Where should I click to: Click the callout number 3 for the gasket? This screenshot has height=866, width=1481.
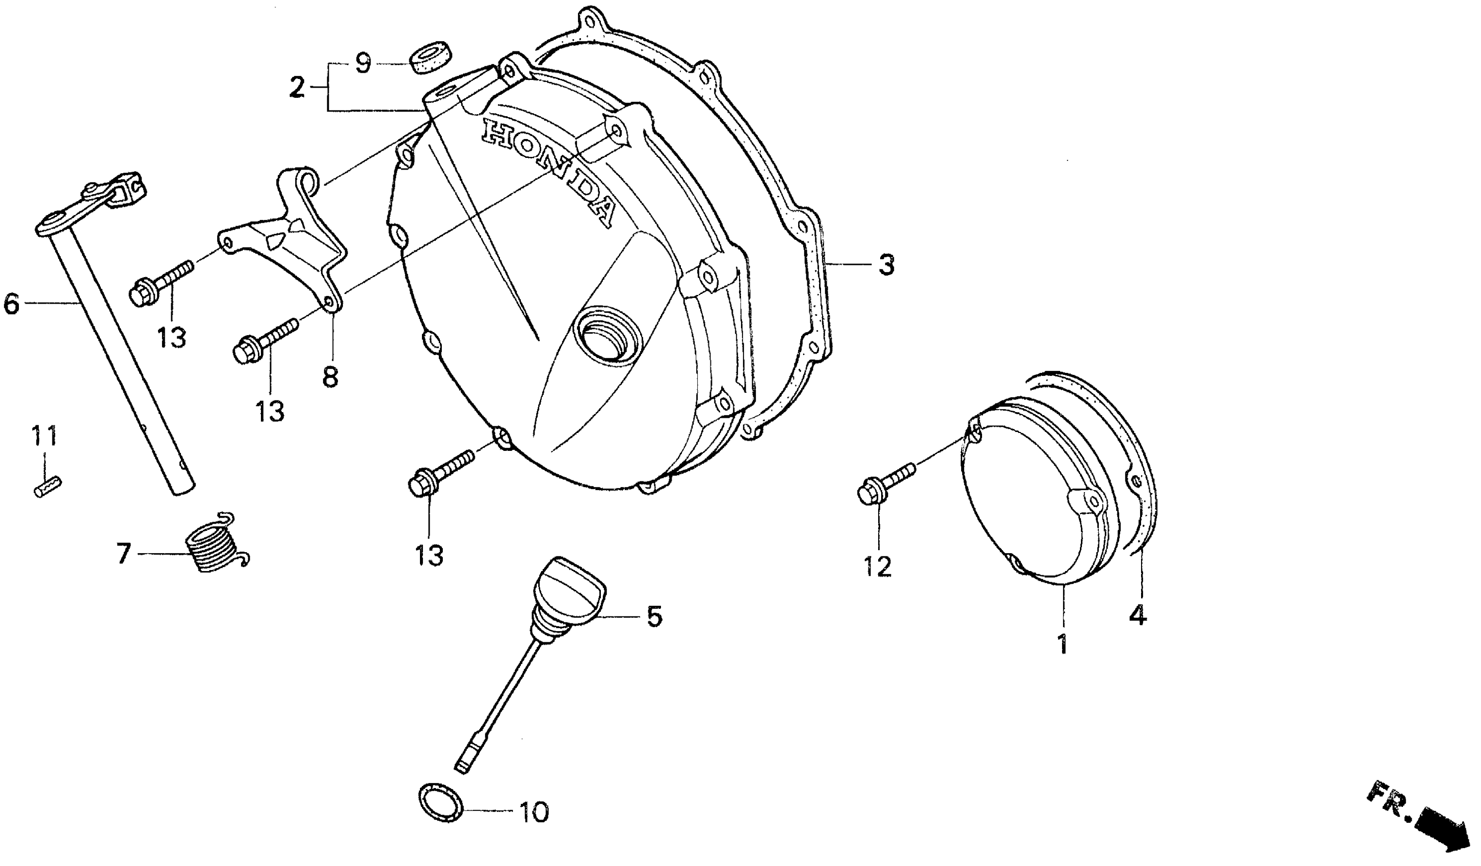click(x=886, y=265)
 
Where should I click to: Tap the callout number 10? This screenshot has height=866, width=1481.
click(x=534, y=813)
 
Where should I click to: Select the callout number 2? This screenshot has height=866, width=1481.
click(x=298, y=88)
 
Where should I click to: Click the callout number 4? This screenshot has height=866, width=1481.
click(x=1138, y=616)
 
